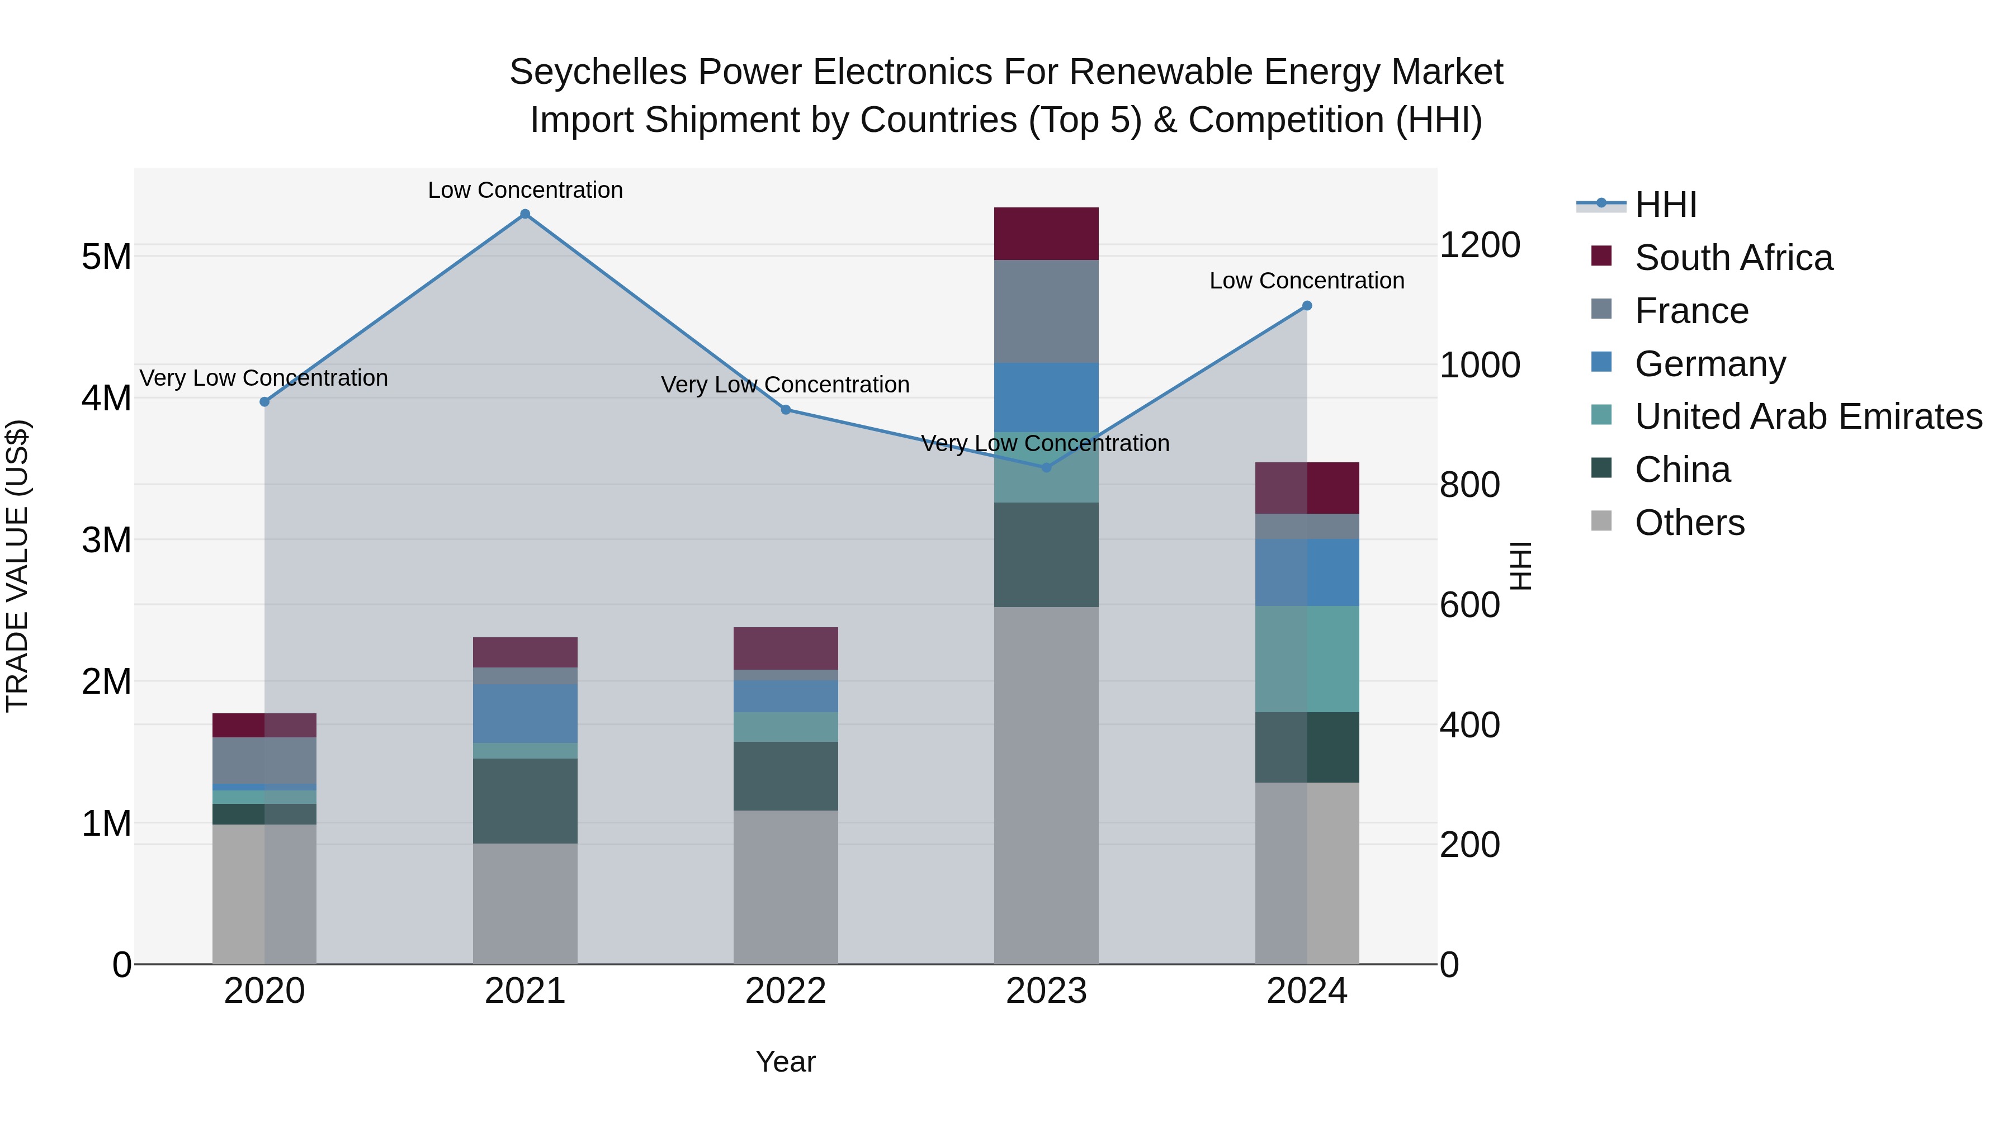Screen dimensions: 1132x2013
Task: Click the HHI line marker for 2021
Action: click(x=525, y=214)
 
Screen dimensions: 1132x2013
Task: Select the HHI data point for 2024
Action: click(x=1307, y=305)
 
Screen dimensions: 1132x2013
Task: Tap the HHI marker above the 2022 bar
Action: click(x=786, y=409)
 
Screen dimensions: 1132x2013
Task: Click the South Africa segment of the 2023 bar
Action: click(x=1046, y=234)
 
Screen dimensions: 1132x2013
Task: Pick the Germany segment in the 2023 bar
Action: click(x=1046, y=397)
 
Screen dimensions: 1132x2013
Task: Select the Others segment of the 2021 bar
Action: click(x=525, y=903)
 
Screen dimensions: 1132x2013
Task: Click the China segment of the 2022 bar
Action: click(x=786, y=776)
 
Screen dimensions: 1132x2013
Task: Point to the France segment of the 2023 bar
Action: click(x=1046, y=311)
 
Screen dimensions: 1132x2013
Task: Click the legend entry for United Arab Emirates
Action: click(x=1808, y=416)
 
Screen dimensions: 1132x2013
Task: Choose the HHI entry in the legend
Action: click(x=1665, y=205)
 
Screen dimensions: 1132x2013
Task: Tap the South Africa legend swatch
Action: click(x=1601, y=256)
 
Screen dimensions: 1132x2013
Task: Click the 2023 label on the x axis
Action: click(x=1046, y=991)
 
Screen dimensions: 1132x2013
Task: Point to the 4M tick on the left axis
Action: click(x=106, y=397)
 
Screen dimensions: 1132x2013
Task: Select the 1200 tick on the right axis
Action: click(x=1479, y=245)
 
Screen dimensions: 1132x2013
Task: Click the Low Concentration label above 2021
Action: click(x=525, y=190)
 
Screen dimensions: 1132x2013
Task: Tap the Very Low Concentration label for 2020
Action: click(x=263, y=378)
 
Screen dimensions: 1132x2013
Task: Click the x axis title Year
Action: click(x=786, y=1062)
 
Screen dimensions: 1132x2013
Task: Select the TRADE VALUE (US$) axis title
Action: click(x=17, y=566)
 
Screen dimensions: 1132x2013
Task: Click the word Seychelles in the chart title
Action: click(x=598, y=72)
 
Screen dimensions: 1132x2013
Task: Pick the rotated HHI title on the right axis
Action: click(x=1521, y=566)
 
